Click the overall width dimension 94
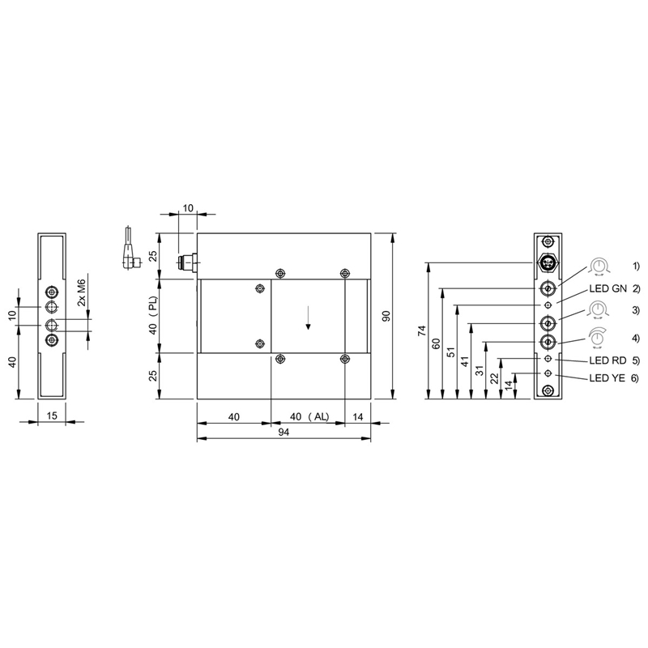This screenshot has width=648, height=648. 283,432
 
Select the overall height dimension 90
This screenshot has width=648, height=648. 386,317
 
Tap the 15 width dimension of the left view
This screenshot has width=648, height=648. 52,416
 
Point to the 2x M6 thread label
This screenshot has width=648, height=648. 82,292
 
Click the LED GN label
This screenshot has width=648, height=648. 608,288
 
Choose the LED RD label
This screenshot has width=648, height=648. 607,360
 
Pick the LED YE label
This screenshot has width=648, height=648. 607,377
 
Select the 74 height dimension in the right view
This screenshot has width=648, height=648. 422,330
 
